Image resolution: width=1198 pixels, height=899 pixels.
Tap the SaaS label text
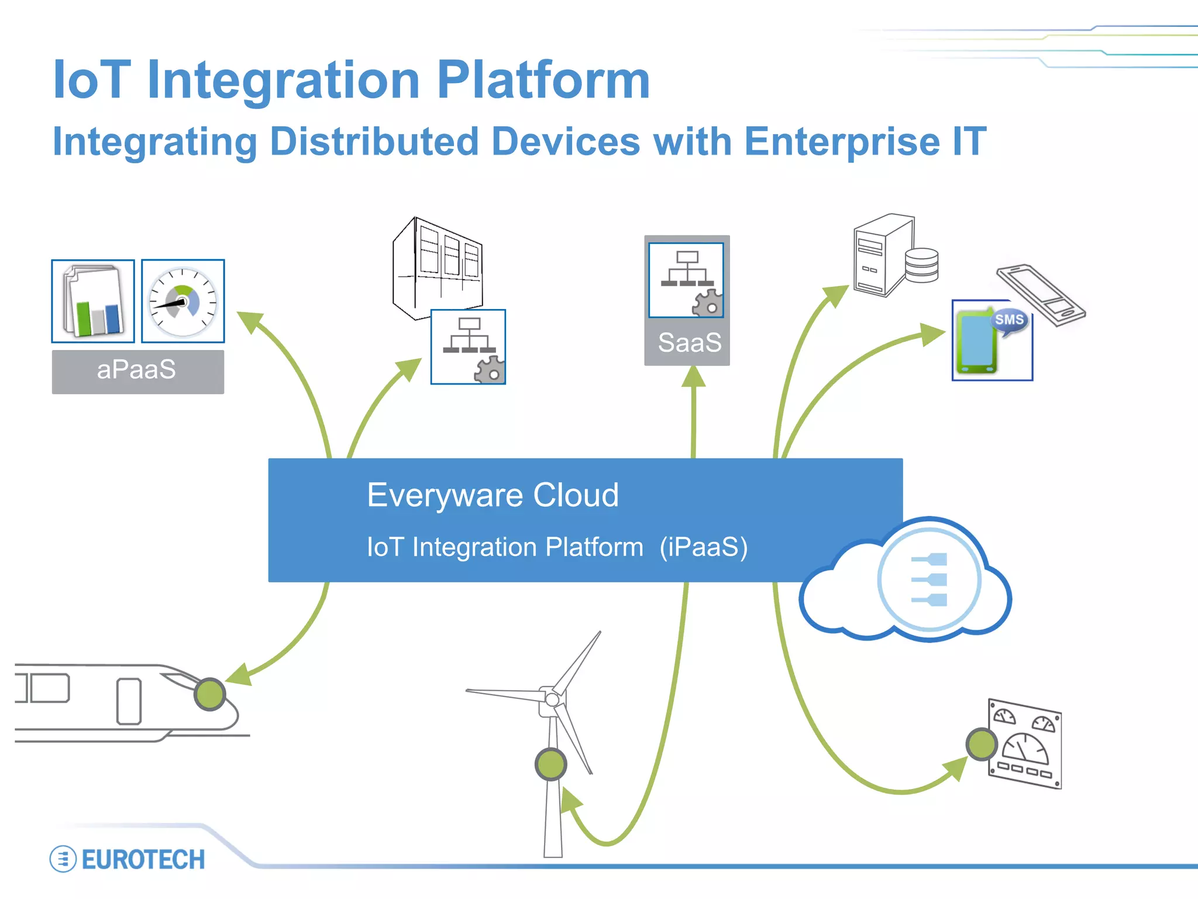(689, 343)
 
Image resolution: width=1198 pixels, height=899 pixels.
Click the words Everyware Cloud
(493, 495)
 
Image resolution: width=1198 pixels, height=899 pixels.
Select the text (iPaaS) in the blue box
(703, 547)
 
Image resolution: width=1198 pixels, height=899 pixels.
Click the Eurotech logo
(128, 859)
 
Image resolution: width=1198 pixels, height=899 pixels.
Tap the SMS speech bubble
(1010, 321)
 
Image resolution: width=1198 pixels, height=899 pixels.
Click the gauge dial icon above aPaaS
(183, 301)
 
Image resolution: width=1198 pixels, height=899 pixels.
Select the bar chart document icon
(93, 301)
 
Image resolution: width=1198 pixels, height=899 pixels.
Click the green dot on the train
(209, 694)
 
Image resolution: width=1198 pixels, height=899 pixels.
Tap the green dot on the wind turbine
(550, 764)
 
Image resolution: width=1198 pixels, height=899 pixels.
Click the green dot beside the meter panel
(981, 744)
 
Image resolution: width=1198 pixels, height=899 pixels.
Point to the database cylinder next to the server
(921, 265)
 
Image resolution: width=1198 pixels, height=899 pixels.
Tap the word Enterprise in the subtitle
(842, 142)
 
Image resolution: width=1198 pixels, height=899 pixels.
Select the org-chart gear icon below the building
(468, 347)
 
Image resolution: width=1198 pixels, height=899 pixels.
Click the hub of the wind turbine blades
(552, 698)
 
